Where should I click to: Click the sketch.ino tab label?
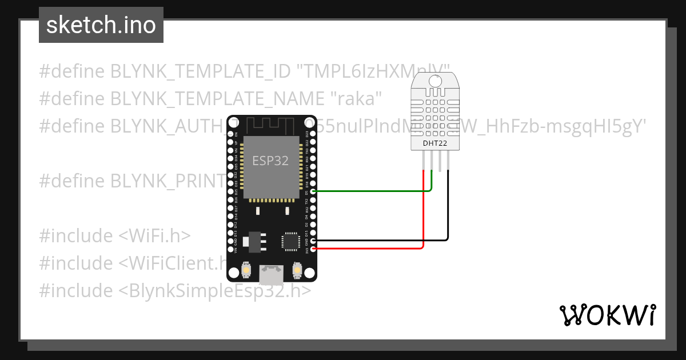(101, 25)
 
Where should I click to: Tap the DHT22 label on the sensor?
(434, 143)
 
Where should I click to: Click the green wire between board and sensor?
(372, 191)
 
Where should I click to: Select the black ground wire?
(448, 211)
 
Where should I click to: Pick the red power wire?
(423, 223)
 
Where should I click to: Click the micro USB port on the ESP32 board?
(271, 275)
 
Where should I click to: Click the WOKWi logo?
(607, 315)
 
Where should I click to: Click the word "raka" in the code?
(356, 98)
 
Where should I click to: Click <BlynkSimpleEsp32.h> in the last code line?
(215, 290)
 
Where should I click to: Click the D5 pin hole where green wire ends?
(313, 191)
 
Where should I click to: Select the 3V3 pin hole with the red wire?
(313, 249)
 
